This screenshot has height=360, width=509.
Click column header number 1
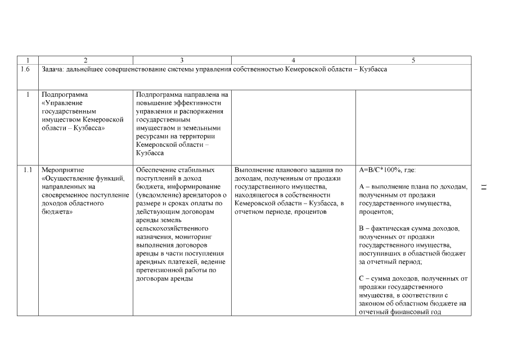pyautogui.click(x=28, y=60)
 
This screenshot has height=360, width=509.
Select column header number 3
pyautogui.click(x=182, y=60)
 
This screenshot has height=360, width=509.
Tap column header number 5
pyautogui.click(x=413, y=60)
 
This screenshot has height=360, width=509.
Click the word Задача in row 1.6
pyautogui.click(x=54, y=69)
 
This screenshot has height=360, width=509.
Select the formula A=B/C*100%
pyautogui.click(x=387, y=169)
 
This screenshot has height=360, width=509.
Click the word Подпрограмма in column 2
pyautogui.click(x=65, y=94)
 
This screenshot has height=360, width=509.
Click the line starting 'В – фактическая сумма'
pyautogui.click(x=409, y=228)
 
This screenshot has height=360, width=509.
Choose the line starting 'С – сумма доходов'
pyautogui.click(x=413, y=278)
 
